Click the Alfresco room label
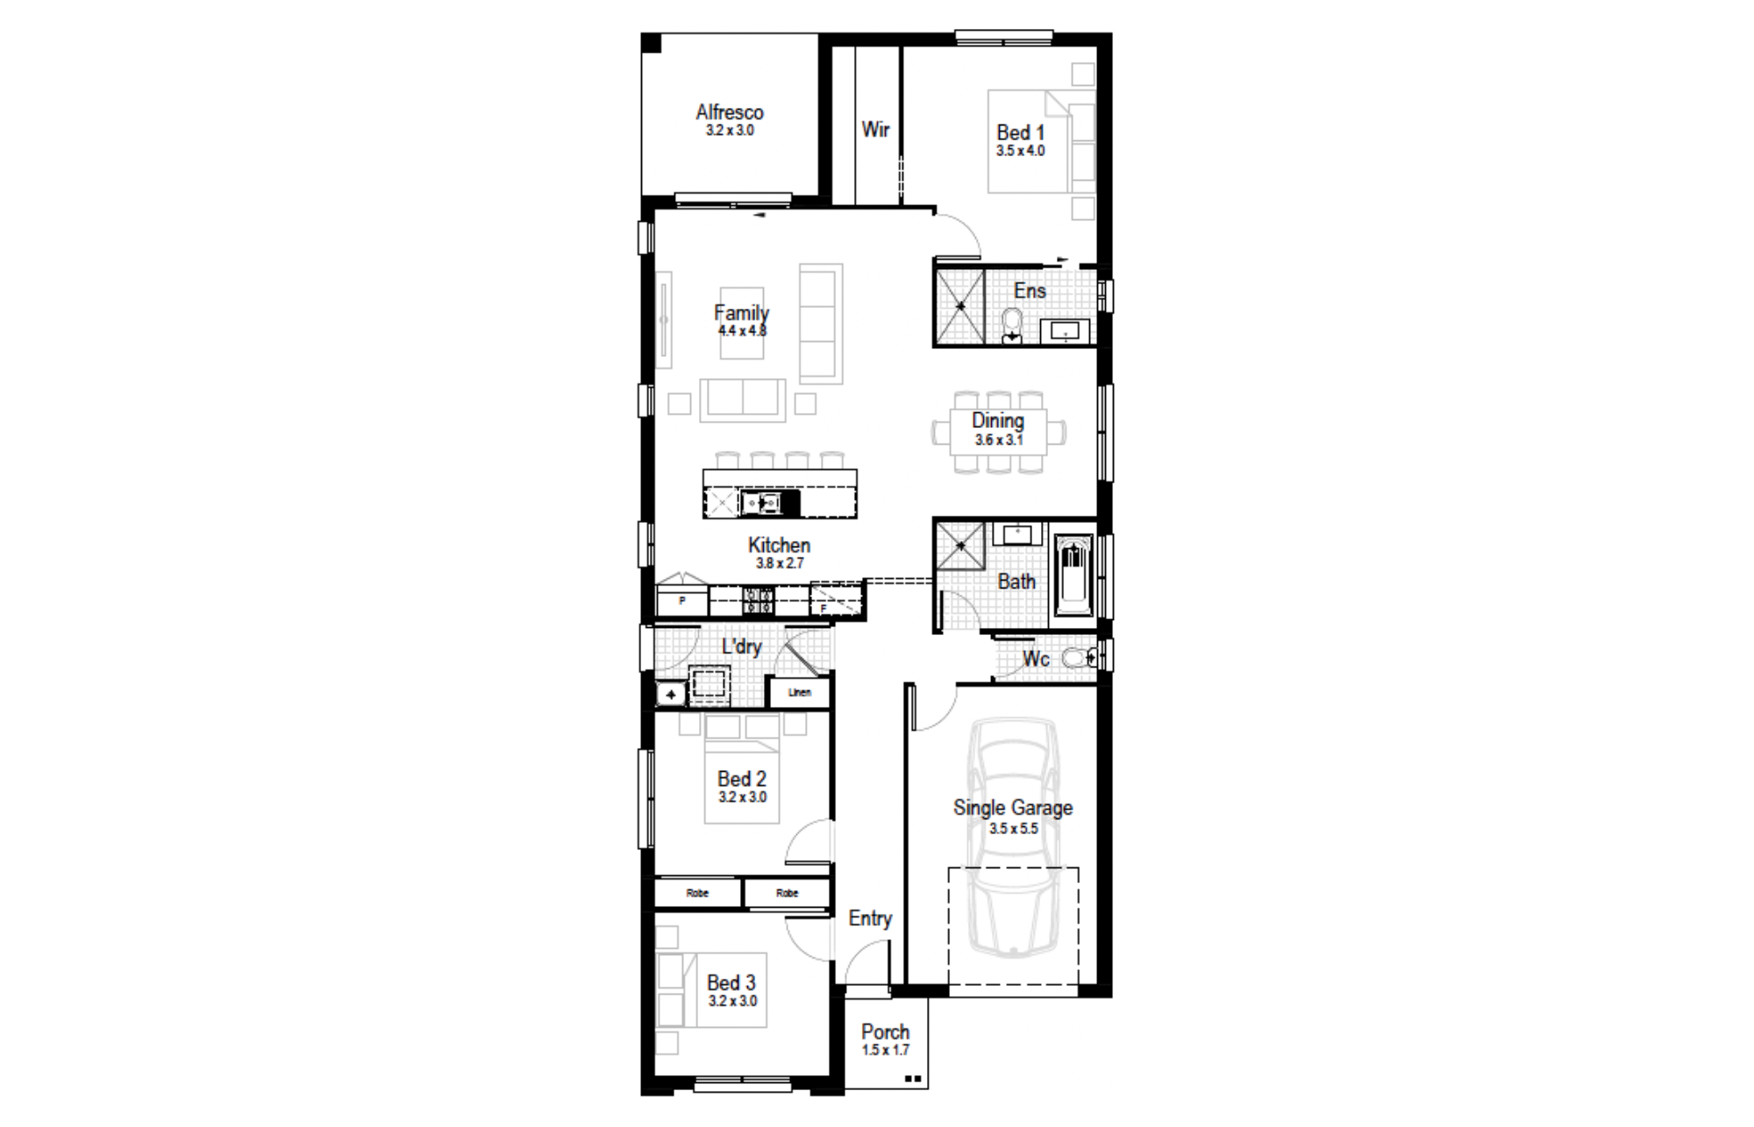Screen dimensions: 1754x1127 pos(730,112)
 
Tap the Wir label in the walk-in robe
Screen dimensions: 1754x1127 pos(875,130)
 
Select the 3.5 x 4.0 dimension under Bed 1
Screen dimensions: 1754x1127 pos(1020,151)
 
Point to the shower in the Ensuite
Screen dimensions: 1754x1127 pos(960,307)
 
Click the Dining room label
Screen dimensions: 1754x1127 pos(998,421)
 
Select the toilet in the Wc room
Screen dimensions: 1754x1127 pos(1078,657)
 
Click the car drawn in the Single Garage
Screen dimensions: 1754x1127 pos(1013,838)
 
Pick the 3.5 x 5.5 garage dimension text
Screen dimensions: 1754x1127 pos(1014,829)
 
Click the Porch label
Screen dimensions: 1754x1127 pos(885,1032)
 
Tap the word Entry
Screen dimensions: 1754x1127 pos(870,918)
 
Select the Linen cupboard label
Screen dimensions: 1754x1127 pos(799,693)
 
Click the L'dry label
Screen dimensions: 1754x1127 pos(741,647)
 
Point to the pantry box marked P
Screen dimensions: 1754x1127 pos(682,602)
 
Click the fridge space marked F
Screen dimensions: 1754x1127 pos(836,600)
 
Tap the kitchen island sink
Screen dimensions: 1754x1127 pos(760,503)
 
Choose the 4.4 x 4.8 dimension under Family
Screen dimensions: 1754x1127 pos(742,332)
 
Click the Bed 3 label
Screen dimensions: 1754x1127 pos(731,983)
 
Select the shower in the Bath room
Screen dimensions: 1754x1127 pos(960,546)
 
